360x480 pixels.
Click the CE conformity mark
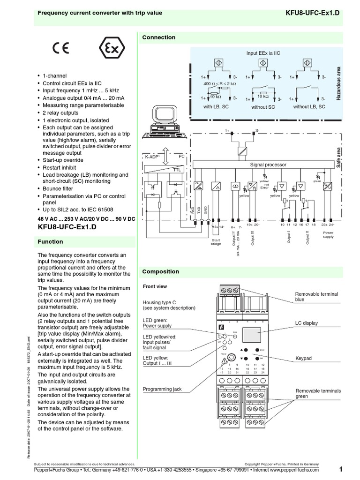[61, 48]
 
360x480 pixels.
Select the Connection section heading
[159, 37]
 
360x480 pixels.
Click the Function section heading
[50, 242]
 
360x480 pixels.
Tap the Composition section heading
[161, 271]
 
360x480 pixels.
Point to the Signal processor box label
[268, 165]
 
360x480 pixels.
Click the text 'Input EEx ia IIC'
[264, 53]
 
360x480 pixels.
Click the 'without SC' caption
[263, 107]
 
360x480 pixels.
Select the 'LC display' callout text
[306, 323]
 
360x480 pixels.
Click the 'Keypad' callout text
[303, 359]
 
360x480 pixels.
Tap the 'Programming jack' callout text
[162, 389]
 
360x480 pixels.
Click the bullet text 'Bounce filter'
[58, 188]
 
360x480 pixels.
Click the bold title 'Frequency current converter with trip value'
[100, 13]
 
